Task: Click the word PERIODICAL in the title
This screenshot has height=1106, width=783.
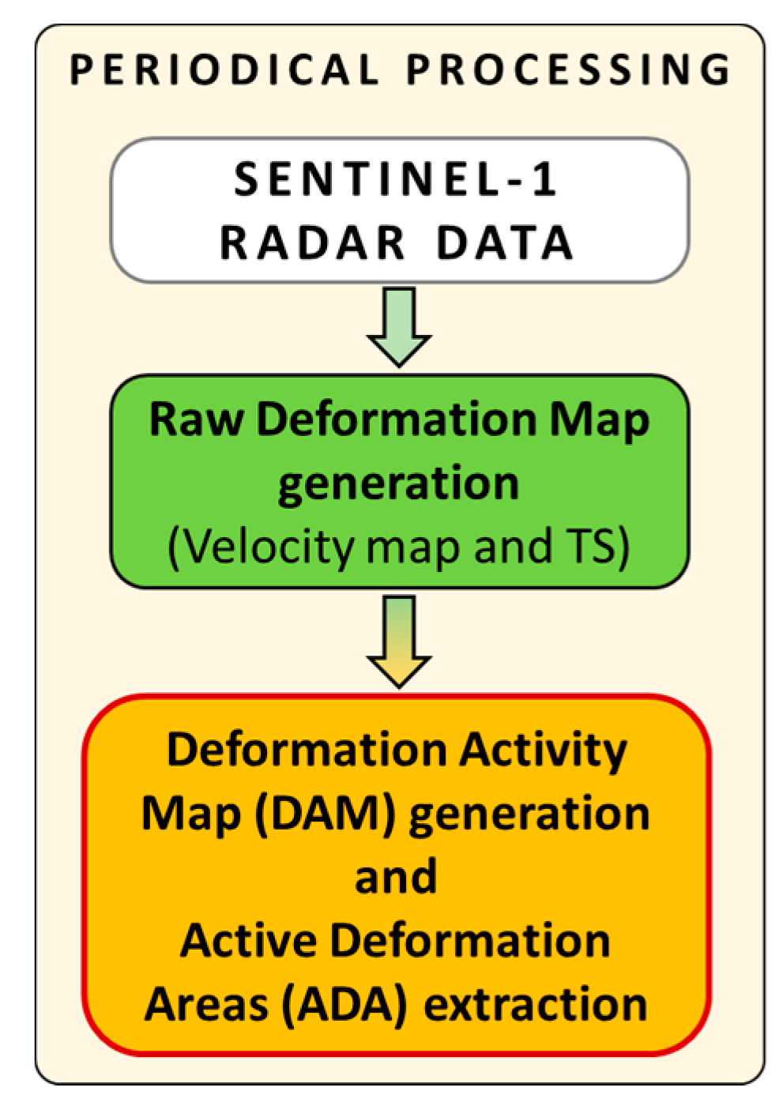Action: click(224, 70)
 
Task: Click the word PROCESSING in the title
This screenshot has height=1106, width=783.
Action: click(568, 70)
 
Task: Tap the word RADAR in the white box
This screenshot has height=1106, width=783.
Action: click(313, 243)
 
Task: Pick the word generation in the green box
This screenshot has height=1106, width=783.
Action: click(398, 482)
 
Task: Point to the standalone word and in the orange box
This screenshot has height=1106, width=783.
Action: click(396, 876)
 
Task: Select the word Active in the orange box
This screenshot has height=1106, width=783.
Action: click(248, 940)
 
